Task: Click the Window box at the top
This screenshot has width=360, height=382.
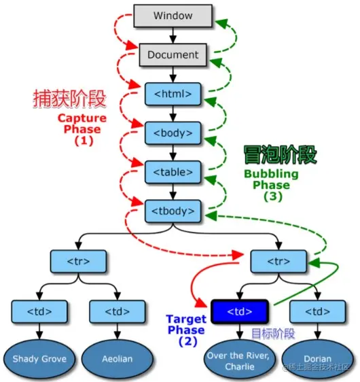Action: tap(173, 15)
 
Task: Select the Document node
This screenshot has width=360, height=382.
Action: tap(173, 54)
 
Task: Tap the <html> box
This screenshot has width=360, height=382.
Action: tap(173, 93)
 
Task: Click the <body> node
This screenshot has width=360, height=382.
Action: tap(173, 132)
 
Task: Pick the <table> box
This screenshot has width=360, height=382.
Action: tap(173, 171)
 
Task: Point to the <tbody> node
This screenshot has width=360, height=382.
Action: tap(173, 210)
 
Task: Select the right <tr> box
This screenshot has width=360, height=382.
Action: tap(278, 261)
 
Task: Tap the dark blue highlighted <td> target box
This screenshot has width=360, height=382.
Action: tap(239, 312)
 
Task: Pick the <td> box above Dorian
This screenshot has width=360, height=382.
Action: tap(318, 312)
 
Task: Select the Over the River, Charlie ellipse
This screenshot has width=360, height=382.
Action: tap(239, 360)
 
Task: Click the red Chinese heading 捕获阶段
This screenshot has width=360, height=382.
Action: tap(70, 99)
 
